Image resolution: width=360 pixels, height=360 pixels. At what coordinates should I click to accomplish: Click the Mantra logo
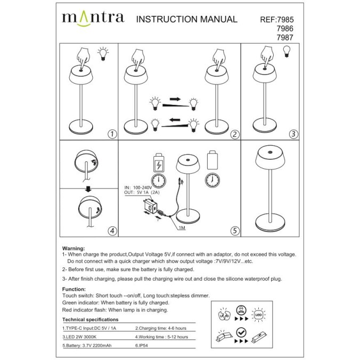pyautogui.click(x=93, y=18)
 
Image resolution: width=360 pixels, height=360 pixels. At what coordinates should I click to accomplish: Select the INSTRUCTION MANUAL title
pyautogui.click(x=187, y=19)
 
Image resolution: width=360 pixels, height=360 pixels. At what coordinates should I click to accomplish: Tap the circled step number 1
pyautogui.click(x=111, y=134)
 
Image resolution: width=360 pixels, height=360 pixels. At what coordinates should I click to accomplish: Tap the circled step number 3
pyautogui.click(x=294, y=134)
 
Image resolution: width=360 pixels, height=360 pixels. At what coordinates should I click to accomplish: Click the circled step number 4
pyautogui.click(x=111, y=231)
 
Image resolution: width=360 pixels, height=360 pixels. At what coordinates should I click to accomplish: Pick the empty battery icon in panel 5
pyautogui.click(x=212, y=159)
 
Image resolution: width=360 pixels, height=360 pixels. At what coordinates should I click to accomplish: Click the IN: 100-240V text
pyautogui.click(x=138, y=188)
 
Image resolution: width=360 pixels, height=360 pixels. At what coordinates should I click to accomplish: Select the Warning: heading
pyautogui.click(x=73, y=249)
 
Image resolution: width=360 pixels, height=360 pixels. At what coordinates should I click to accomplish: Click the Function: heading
pyautogui.click(x=74, y=289)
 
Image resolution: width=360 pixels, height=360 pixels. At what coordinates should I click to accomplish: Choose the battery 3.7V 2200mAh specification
pyautogui.click(x=87, y=346)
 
